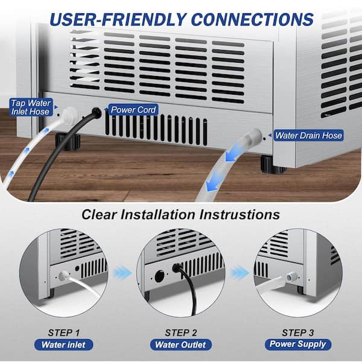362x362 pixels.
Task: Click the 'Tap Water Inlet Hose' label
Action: [31, 107]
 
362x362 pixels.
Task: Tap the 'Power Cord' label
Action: [133, 110]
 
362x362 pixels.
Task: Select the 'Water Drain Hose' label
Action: [308, 135]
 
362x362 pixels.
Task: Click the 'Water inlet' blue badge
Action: [64, 345]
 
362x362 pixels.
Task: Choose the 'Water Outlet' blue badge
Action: [181, 345]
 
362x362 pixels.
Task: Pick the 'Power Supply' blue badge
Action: [298, 345]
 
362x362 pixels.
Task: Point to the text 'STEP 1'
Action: [64, 332]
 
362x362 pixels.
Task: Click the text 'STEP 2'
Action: [181, 332]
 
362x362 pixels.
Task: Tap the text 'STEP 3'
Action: [298, 332]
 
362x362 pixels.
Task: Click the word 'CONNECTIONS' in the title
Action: [252, 19]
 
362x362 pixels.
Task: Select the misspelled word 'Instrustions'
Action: [240, 214]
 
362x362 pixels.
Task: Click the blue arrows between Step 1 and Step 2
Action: [122, 273]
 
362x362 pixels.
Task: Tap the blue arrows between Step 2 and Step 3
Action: [240, 273]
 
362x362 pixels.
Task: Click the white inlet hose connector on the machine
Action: [69, 114]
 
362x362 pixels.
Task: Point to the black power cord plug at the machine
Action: [96, 113]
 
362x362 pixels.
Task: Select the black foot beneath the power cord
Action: [68, 141]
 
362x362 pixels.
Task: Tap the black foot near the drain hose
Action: [273, 164]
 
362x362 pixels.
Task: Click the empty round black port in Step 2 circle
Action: [159, 276]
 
